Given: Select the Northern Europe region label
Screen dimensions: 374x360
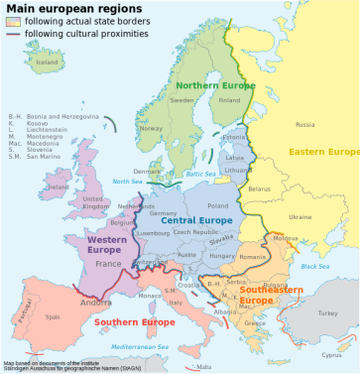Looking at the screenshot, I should click(216, 85).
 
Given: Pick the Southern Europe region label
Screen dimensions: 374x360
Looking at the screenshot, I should click(130, 321).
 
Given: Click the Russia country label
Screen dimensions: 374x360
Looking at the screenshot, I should click(305, 124).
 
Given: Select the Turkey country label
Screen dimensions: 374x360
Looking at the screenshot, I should click(327, 312).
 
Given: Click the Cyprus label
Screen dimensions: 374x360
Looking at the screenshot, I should click(333, 354).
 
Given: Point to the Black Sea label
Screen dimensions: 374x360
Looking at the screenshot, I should click(314, 265).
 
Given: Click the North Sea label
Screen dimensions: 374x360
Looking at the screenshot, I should click(127, 181).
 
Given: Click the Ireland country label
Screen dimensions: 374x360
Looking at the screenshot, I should click(59, 187).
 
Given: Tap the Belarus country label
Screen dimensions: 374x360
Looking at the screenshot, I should click(260, 188).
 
